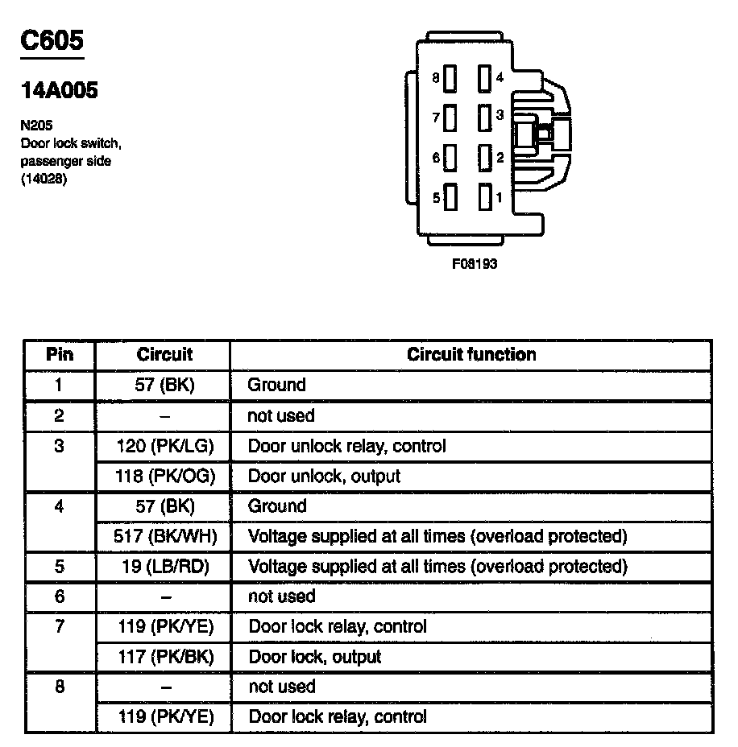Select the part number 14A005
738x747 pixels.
point(59,90)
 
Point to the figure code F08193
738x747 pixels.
point(475,264)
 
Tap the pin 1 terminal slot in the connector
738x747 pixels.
point(484,196)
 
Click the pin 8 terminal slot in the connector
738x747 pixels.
point(450,78)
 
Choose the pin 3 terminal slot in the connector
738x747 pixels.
point(484,117)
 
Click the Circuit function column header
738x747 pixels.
point(471,354)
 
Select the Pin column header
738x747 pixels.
point(59,354)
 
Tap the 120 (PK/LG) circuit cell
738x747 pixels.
point(164,445)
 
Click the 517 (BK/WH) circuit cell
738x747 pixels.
point(164,536)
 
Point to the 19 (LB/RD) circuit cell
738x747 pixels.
point(164,566)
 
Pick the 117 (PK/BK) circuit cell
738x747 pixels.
point(164,657)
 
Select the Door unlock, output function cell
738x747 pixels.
point(324,476)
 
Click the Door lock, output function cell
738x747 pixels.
point(314,657)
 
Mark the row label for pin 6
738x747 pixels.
point(59,596)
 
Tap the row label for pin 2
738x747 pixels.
point(59,415)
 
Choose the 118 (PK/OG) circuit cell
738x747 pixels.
point(164,476)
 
